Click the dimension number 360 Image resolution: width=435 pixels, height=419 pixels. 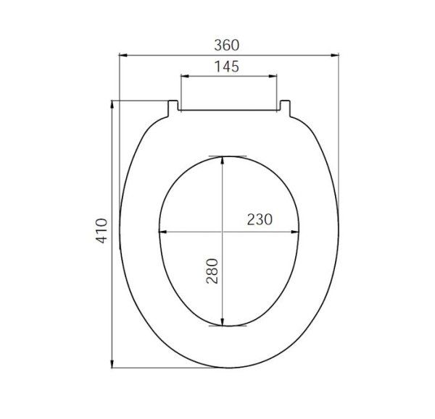227,44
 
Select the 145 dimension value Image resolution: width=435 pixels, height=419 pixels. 227,66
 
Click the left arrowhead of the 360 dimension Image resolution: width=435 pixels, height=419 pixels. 122,54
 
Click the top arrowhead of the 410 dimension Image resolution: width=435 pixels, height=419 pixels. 112,103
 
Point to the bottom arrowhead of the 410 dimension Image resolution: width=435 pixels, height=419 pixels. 112,363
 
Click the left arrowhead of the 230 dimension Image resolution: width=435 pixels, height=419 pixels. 162,232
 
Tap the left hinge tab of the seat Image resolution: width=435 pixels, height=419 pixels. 173,106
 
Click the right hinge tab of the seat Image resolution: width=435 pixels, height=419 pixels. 284,106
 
